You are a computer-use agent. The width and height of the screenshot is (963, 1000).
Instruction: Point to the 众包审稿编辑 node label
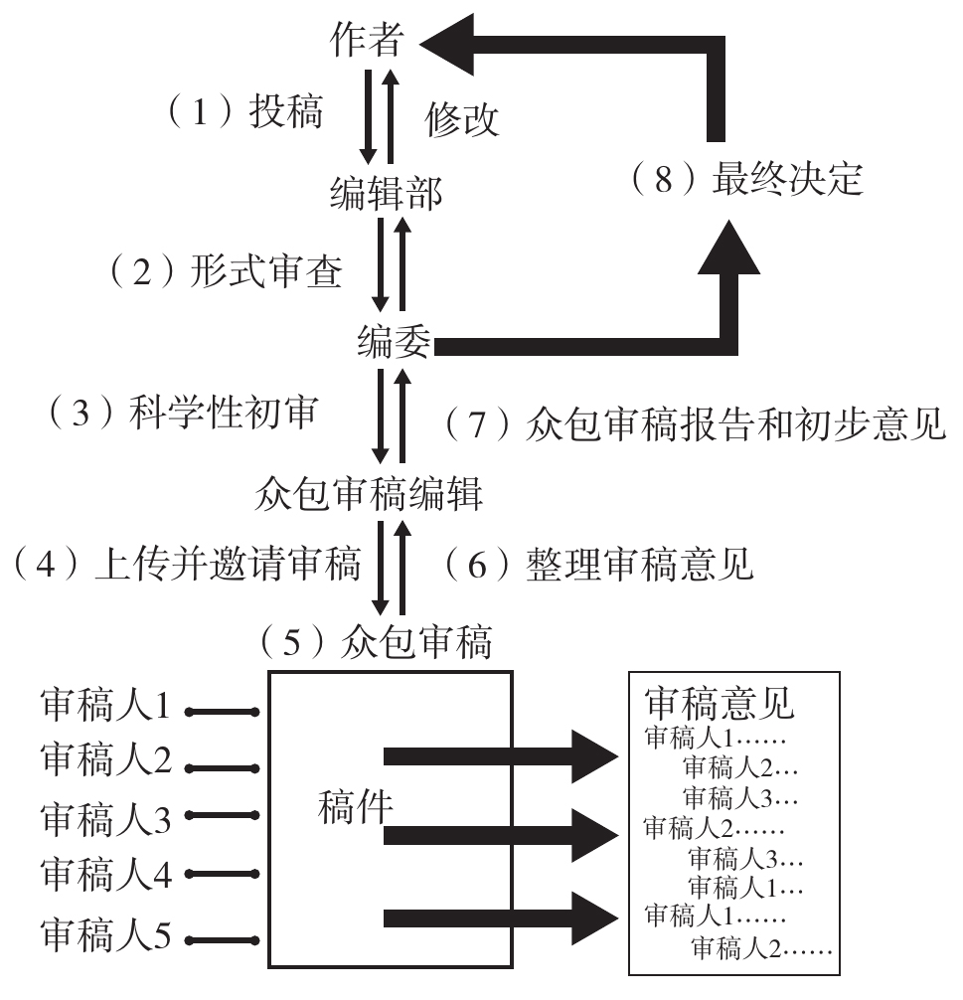(368, 494)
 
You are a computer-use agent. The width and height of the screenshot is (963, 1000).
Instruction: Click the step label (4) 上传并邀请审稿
(186, 567)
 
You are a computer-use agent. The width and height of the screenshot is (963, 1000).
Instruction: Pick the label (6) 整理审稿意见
(596, 566)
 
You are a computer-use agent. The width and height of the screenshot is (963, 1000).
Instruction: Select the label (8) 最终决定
(745, 181)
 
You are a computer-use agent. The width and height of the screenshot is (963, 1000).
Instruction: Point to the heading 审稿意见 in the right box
(719, 704)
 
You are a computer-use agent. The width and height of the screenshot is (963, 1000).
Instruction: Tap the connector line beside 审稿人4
(222, 875)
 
